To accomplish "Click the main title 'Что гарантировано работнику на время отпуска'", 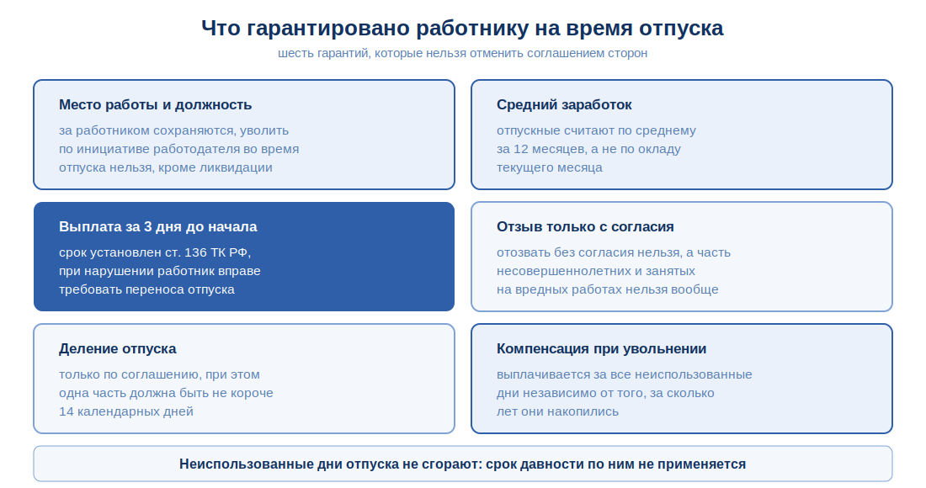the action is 462,29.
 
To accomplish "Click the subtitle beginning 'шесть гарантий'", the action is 462,53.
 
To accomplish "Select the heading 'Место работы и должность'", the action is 156,105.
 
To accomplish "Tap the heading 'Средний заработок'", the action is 564,105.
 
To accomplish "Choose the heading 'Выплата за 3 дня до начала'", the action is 157,226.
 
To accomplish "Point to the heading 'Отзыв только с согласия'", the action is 585,226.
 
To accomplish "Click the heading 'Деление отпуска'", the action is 118,348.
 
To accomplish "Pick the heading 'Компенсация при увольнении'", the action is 601,348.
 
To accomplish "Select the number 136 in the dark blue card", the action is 196,252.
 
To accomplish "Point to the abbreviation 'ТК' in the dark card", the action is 220,252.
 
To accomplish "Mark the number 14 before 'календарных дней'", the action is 67,411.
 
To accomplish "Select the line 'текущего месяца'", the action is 549,167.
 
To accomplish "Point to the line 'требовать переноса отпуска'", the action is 146,289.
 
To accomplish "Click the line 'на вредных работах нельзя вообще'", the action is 607,289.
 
